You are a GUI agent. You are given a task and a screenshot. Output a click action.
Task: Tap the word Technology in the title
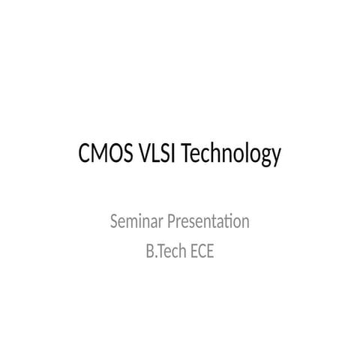coord(232,156)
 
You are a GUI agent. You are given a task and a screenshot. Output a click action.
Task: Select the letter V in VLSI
coord(145,155)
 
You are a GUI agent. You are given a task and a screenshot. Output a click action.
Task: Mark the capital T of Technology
coord(187,155)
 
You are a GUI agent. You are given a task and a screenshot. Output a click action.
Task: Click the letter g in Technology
coord(264,158)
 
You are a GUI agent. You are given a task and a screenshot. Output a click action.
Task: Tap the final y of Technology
coord(275,158)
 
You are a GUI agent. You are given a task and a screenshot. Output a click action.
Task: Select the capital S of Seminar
coord(114,222)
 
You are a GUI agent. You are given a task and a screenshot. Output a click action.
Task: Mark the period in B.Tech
coord(154,256)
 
